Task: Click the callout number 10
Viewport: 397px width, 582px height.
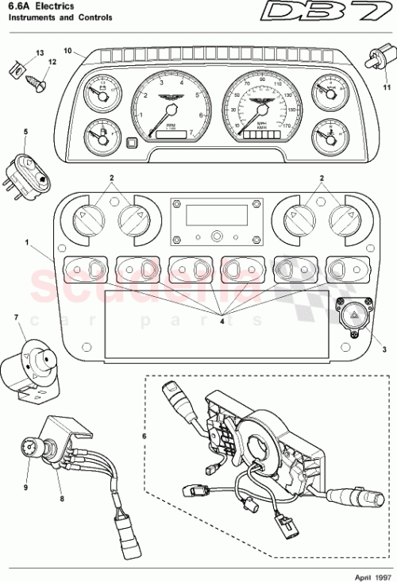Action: pyautogui.click(x=67, y=52)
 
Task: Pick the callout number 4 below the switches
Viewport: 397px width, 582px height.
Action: pyautogui.click(x=222, y=322)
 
